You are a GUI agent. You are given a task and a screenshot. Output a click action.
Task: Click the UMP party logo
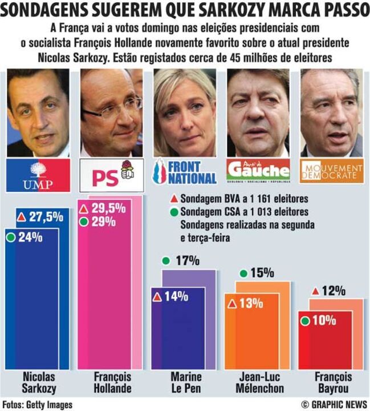38,175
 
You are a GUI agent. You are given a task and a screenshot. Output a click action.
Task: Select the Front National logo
185,172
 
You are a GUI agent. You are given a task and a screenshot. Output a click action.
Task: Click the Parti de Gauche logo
258,171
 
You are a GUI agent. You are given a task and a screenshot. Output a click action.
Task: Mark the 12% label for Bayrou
334,291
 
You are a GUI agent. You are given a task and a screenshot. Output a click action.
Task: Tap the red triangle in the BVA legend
173,200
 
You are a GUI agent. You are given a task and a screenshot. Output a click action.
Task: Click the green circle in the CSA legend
173,212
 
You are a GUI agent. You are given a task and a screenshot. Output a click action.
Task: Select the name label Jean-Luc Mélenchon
260,382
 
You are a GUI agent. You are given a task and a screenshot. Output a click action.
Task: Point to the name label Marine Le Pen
185,382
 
